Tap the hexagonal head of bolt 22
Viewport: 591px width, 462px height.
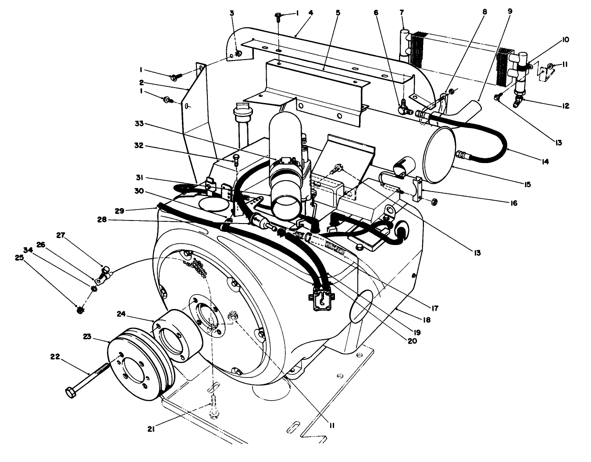(71, 392)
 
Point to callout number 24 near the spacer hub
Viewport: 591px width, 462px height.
(121, 313)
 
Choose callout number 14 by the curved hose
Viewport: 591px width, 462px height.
(545, 162)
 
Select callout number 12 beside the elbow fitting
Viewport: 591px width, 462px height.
(566, 106)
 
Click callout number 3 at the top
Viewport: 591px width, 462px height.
(232, 13)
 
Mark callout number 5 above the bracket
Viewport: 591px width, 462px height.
(338, 13)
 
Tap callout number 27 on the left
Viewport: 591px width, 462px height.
(60, 235)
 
